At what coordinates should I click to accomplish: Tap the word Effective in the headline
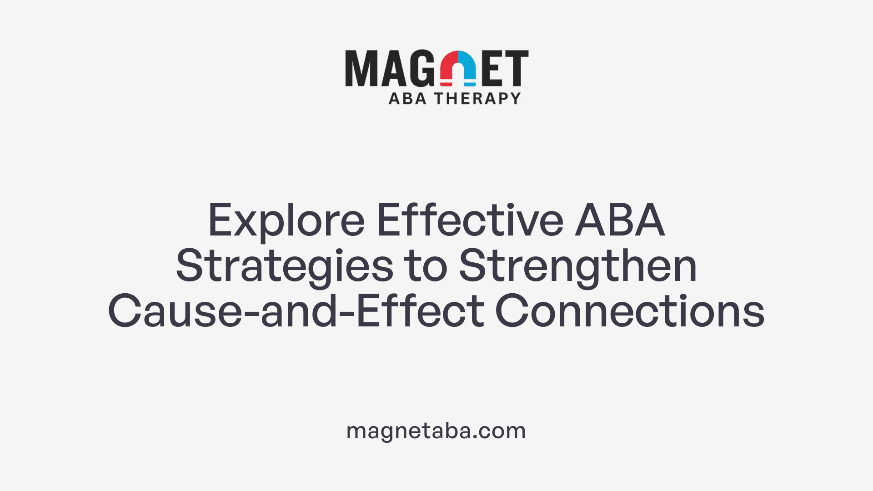470,221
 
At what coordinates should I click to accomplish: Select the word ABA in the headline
620,221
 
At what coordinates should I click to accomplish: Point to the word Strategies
285,266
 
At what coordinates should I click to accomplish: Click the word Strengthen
578,266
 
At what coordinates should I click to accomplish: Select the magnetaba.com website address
436,431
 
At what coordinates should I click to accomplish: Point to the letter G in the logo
421,68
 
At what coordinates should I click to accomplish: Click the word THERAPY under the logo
477,98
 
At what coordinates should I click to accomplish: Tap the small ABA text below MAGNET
407,98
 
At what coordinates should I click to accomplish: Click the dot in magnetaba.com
475,437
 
